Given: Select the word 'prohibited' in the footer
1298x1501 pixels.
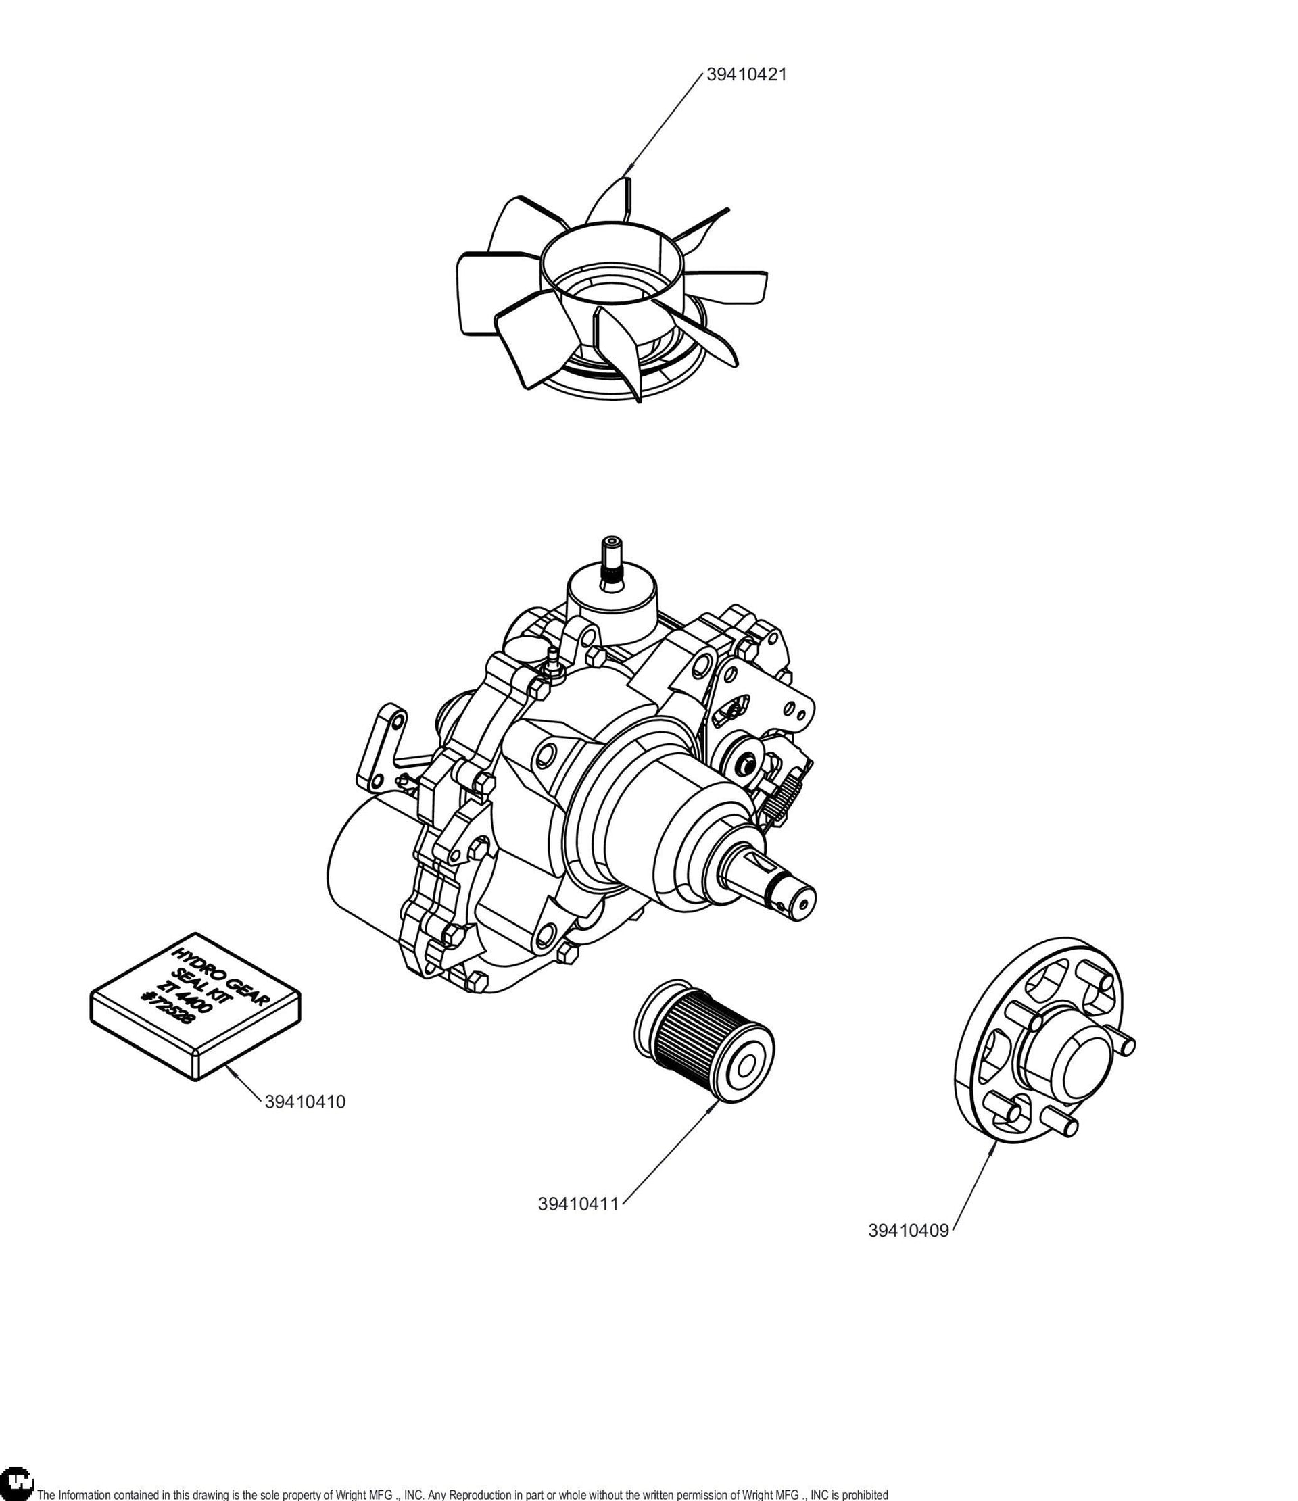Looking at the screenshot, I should click(865, 1494).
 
